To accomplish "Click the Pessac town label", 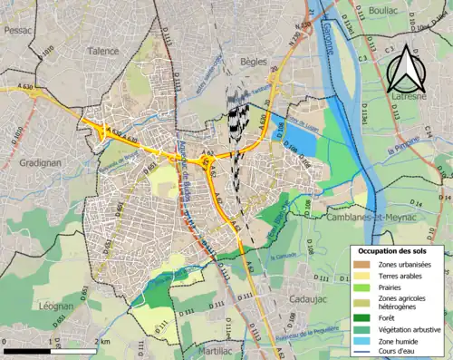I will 17,30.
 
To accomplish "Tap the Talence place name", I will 103,52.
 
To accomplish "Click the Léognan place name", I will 56,306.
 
